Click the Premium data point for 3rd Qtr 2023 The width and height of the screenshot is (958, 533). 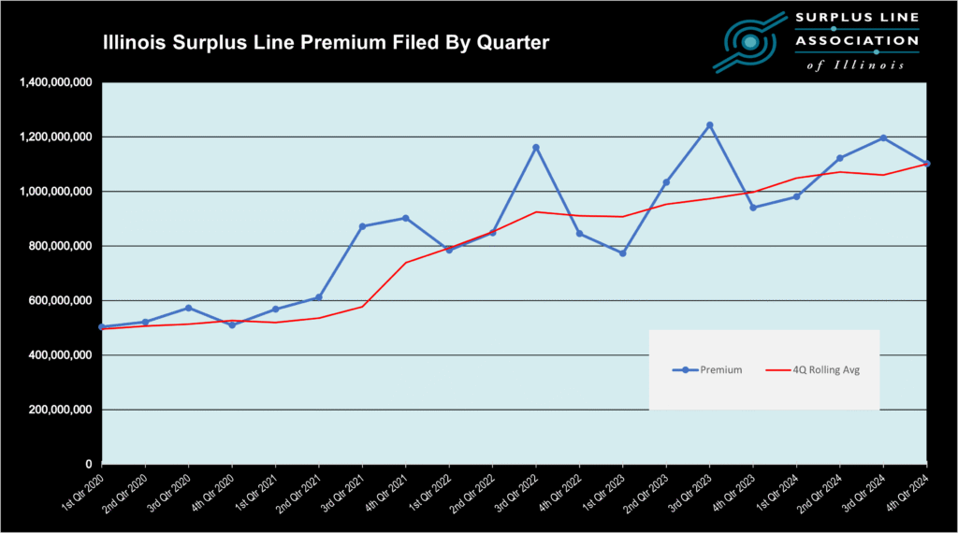point(709,124)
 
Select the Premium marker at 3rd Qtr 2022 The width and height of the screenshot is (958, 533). point(536,147)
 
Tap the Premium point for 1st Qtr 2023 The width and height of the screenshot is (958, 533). point(622,253)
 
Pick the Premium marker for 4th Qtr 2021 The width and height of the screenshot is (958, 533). point(405,218)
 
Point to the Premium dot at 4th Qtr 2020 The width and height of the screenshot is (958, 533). point(232,324)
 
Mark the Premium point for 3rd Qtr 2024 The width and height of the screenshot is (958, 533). point(883,138)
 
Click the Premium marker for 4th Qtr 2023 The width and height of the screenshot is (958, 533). point(753,208)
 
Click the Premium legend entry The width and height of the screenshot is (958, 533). point(707,370)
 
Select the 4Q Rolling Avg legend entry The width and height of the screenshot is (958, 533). point(812,370)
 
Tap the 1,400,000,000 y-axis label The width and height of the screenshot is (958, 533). point(55,83)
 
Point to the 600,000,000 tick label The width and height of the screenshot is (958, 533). point(59,301)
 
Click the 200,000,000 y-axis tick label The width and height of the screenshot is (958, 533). point(59,411)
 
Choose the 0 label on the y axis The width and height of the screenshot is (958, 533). point(89,465)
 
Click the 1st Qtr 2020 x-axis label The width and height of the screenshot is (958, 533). point(81,492)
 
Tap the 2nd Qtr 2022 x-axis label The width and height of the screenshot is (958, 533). point(472,492)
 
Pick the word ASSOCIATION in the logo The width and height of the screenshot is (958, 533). point(855,40)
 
